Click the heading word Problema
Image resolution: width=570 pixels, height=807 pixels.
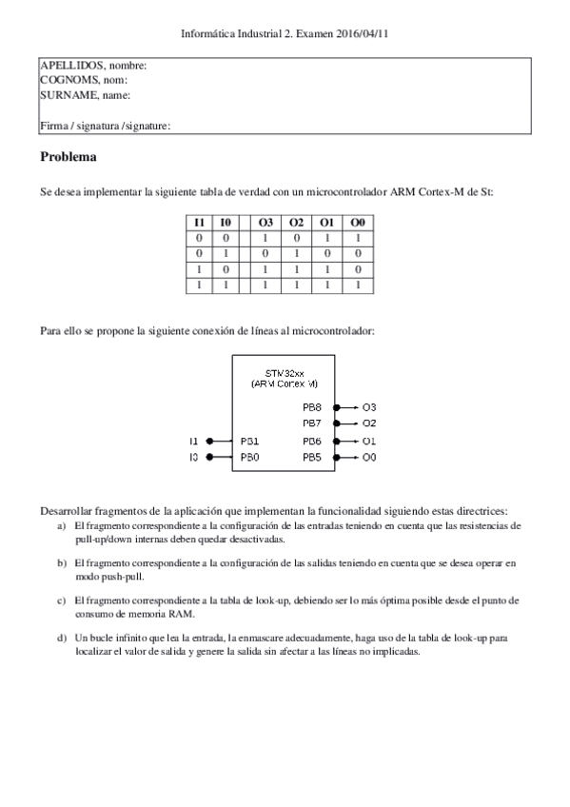pos(69,156)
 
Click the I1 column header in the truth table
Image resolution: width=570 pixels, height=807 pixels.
pos(199,222)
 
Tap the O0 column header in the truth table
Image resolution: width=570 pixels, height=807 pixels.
pos(358,222)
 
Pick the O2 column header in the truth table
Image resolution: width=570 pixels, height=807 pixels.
pos(297,222)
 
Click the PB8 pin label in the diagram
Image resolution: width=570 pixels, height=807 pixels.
pos(312,405)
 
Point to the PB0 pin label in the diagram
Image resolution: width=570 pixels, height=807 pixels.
pos(250,458)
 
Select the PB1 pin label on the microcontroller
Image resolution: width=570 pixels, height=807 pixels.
pos(250,441)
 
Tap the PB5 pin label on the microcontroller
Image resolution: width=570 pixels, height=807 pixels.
pos(312,458)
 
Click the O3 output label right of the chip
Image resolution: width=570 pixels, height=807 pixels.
pos(370,405)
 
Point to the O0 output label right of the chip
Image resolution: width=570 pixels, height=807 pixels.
pos(370,458)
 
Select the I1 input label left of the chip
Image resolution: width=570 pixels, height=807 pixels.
pos(194,441)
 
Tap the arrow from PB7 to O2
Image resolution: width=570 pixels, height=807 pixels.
pos(343,423)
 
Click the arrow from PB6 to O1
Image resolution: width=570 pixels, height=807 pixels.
pos(343,441)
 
